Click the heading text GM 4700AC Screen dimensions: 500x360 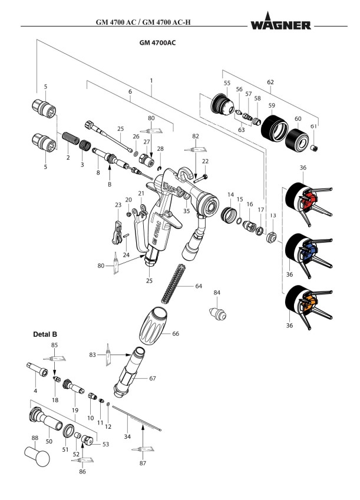pyautogui.click(x=158, y=42)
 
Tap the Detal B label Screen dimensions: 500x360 pyautogui.click(x=44, y=334)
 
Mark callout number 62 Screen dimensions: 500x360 pyautogui.click(x=271, y=83)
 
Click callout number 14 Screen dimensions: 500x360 pyautogui.click(x=231, y=194)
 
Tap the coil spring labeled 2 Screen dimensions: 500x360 pyautogui.click(x=70, y=144)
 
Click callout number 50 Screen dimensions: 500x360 pyautogui.click(x=49, y=441)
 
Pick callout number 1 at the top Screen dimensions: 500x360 pyautogui.click(x=151, y=80)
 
